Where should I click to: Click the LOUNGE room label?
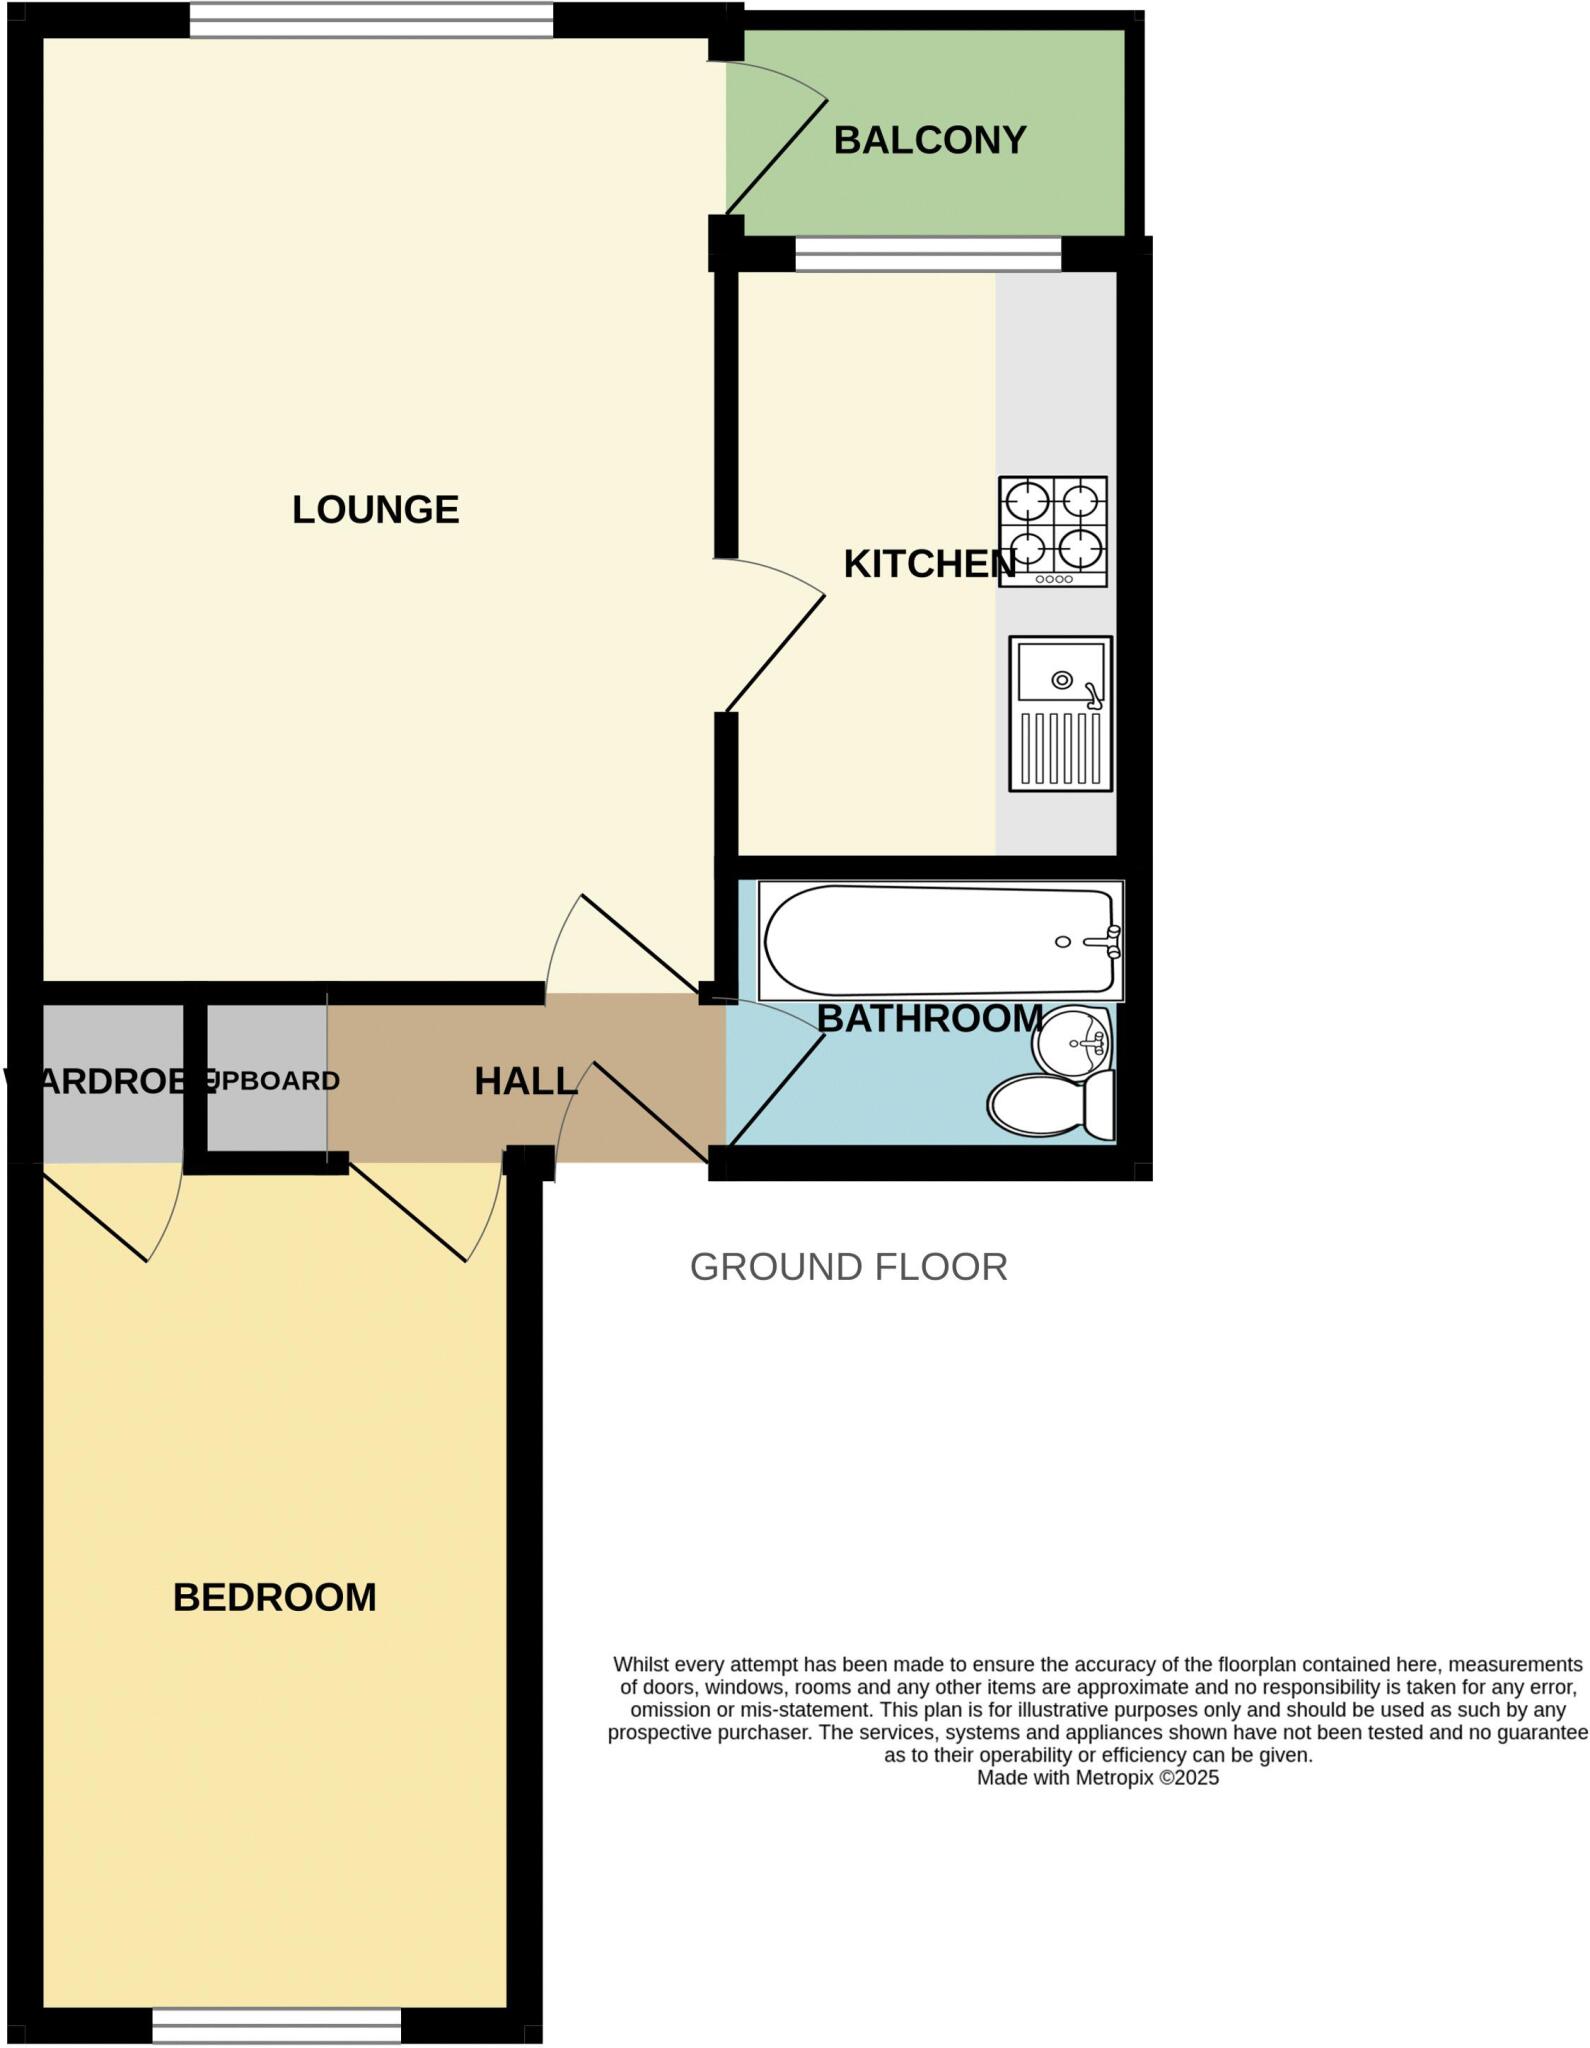pyautogui.click(x=375, y=510)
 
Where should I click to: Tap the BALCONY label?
pyautogui.click(x=930, y=140)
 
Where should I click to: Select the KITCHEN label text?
pyautogui.click(x=929, y=565)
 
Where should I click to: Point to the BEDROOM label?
pyautogui.click(x=275, y=1598)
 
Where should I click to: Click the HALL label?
pyautogui.click(x=525, y=1081)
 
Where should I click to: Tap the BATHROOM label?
pyautogui.click(x=930, y=1019)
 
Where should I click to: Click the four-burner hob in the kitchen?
pyautogui.click(x=1053, y=531)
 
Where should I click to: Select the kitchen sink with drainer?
pyautogui.click(x=1061, y=714)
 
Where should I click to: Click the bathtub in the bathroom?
pyautogui.click(x=940, y=940)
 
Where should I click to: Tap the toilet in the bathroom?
pyautogui.click(x=1050, y=1105)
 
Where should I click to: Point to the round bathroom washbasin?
pyautogui.click(x=1072, y=1043)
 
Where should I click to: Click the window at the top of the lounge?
pyautogui.click(x=371, y=21)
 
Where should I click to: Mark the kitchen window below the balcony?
pyautogui.click(x=928, y=254)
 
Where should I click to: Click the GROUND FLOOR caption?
pyautogui.click(x=848, y=1267)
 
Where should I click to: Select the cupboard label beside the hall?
pyautogui.click(x=272, y=1081)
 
